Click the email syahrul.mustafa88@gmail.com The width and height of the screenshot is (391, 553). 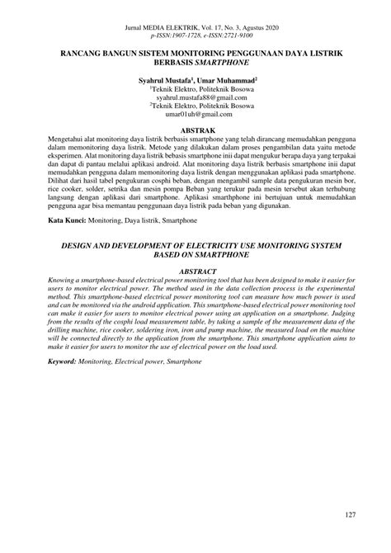(x=195, y=97)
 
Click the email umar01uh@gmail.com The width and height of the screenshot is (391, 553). (x=195, y=115)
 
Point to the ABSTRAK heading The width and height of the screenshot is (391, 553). (x=195, y=130)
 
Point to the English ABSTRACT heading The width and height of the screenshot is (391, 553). (x=195, y=270)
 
